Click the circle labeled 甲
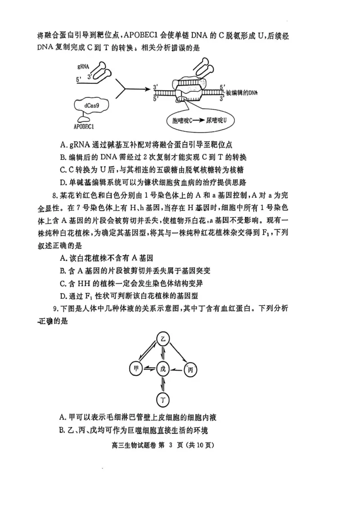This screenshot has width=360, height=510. click(135, 369)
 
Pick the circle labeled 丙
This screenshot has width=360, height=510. click(191, 369)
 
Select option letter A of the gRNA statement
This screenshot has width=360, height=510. click(63, 145)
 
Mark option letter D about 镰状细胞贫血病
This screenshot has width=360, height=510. click(63, 182)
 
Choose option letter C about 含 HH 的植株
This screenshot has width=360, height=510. click(63, 283)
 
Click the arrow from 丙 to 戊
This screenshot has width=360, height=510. click(177, 369)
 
